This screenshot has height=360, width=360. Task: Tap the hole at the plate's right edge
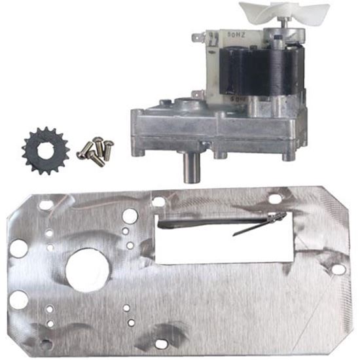(338, 268)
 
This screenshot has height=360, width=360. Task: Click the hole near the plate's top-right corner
(275, 198)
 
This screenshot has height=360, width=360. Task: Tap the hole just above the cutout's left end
(158, 202)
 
